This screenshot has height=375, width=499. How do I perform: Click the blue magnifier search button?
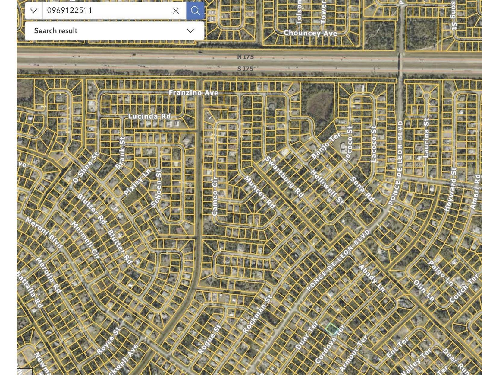pos(195,11)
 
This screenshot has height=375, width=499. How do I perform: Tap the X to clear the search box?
pos(176,11)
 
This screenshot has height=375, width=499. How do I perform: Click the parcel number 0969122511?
pos(70,11)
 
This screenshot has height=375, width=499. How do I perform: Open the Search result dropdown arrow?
pos(190,31)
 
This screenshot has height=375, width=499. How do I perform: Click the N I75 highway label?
pos(245,57)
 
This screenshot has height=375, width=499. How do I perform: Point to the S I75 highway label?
pos(245,69)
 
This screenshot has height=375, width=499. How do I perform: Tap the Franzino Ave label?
pos(193,93)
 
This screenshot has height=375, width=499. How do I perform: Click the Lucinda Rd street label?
pos(149,116)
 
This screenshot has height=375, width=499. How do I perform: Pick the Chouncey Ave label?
pos(310,33)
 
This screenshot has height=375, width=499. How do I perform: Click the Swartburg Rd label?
pos(284,177)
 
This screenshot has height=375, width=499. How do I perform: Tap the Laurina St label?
pos(426,138)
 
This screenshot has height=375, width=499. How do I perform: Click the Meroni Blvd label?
pos(44,233)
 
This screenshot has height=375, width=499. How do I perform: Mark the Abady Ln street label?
pos(372,278)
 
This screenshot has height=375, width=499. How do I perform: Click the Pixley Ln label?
pos(137,182)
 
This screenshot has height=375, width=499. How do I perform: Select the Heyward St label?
pos(450,189)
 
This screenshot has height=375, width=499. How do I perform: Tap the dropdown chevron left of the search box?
pos(34,11)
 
